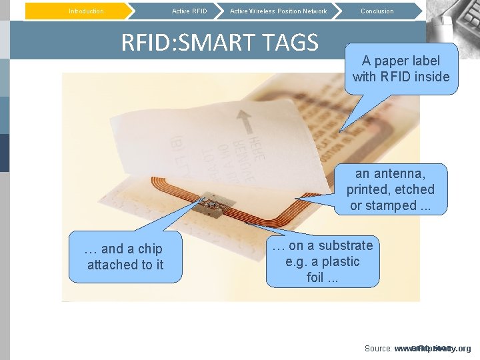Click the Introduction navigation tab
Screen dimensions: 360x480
(86, 11)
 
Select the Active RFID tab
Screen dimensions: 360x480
(189, 11)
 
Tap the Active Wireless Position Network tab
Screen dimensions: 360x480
(278, 11)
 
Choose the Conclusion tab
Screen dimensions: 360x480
(377, 11)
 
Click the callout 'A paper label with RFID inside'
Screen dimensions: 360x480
(401, 69)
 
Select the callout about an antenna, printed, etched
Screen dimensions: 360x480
(390, 189)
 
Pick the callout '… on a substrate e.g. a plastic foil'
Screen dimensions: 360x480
(323, 261)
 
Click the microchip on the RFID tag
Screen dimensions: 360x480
(213, 205)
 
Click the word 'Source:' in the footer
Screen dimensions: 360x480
(377, 349)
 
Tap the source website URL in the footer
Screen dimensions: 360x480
(433, 349)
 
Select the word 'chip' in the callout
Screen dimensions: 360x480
(150, 249)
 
